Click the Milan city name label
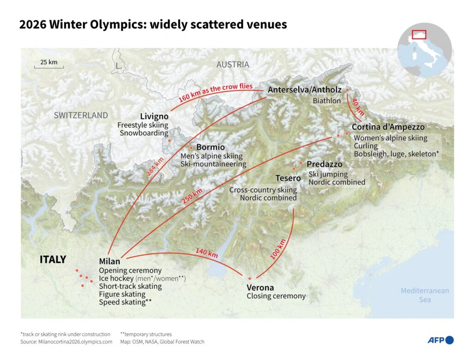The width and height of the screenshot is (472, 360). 110,261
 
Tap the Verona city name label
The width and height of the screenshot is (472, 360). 260,288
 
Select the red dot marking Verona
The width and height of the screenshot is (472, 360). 249,278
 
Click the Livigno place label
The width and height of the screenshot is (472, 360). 154,116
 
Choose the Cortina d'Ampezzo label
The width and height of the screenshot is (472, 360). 388,127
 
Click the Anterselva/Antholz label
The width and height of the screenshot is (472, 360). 304,90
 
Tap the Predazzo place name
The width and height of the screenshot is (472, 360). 324,164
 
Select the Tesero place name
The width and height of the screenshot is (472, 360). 288,178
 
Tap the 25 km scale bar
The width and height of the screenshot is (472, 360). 48,65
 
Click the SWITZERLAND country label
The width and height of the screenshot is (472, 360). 81,115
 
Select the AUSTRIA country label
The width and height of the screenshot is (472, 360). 233,65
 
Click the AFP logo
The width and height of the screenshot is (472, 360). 440,340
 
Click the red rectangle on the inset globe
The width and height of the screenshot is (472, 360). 419,34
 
